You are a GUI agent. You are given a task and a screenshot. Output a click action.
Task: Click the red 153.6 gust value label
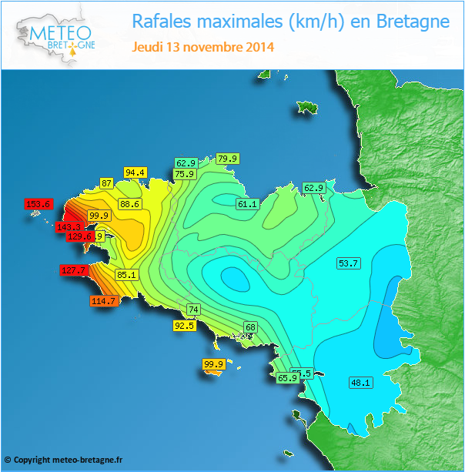point(38,204)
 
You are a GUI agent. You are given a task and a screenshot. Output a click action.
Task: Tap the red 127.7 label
point(75,270)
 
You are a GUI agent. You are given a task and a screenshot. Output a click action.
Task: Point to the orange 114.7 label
point(103,301)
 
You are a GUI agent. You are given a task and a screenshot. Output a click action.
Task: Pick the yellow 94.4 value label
point(135,172)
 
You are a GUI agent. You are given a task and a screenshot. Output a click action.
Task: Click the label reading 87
point(107,183)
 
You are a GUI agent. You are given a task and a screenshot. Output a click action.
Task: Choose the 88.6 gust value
point(129,204)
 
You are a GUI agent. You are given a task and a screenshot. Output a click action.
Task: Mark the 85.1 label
point(126,274)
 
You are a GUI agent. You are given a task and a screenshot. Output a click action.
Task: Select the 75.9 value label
point(184,174)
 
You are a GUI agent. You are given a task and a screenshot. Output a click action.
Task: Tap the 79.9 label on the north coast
point(228,159)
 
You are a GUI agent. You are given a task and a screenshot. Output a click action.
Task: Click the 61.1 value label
point(246,204)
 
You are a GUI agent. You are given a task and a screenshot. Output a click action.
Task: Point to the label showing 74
point(193,309)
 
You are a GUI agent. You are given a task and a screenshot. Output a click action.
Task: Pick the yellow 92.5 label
point(184,326)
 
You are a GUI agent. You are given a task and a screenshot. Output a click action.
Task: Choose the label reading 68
point(250,327)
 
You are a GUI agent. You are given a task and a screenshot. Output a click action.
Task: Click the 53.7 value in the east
point(349,263)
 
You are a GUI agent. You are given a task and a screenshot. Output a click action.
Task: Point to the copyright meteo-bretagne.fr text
point(63,459)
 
